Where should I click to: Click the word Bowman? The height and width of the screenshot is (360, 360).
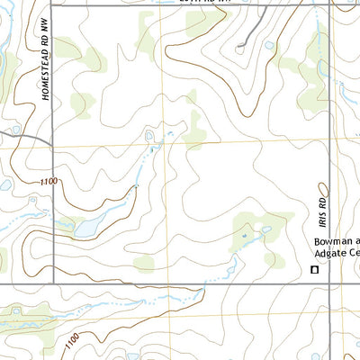click(332, 243)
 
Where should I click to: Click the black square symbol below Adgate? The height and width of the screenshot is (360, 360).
click(315, 269)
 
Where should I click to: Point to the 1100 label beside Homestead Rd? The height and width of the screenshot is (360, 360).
click(49, 182)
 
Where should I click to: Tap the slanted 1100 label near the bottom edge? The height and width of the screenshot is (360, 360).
click(78, 339)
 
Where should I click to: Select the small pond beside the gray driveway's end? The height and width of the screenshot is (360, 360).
click(268, 45)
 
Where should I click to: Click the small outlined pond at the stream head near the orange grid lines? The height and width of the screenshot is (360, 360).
click(149, 135)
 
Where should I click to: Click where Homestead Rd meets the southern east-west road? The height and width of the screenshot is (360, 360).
click(52, 284)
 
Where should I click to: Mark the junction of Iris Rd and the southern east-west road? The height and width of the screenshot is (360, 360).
click(329, 284)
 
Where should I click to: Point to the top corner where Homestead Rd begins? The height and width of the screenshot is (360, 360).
click(52, 4)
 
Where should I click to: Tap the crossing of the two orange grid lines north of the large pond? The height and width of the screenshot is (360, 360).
click(165, 143)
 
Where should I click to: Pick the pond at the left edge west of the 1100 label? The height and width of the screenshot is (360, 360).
click(4, 184)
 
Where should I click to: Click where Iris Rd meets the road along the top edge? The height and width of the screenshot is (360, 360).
click(329, 4)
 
